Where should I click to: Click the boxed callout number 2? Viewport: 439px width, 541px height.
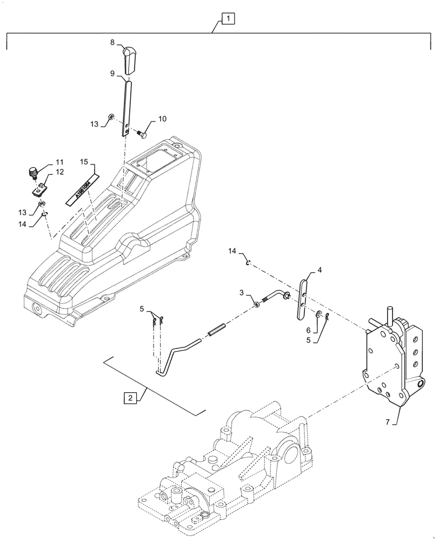[129, 398]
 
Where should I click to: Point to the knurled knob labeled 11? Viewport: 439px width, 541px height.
[32, 173]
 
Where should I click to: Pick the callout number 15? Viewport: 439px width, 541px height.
[84, 161]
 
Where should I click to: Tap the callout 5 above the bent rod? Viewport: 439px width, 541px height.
[142, 309]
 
